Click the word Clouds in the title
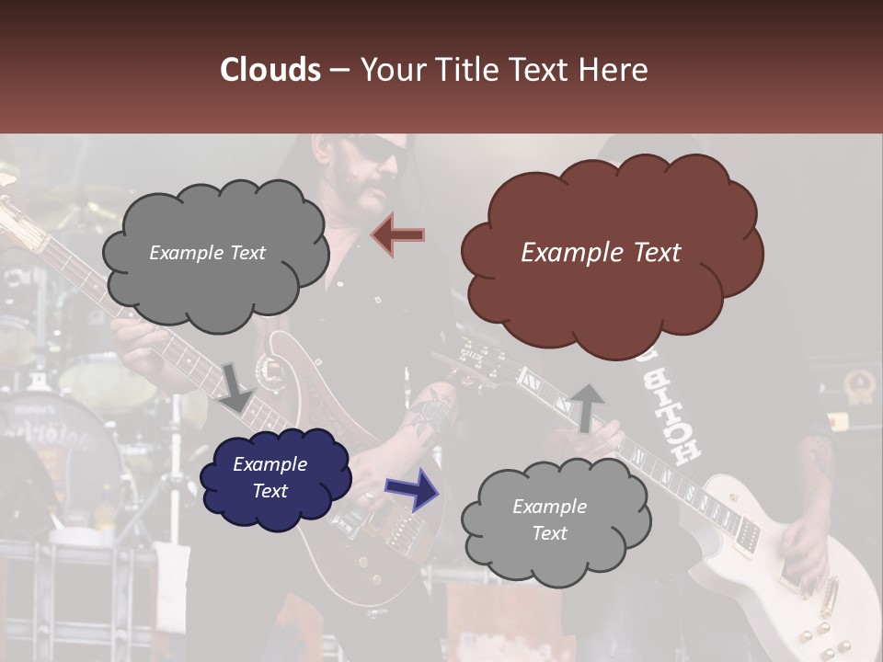(270, 70)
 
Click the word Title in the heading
(464, 70)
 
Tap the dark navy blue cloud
(275, 477)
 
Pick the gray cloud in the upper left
(213, 253)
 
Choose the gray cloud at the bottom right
(554, 520)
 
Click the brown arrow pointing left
(398, 234)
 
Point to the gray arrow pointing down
(235, 387)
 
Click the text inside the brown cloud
(601, 253)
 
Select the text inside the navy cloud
(269, 477)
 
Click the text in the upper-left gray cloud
(207, 253)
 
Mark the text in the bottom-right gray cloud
(549, 519)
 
